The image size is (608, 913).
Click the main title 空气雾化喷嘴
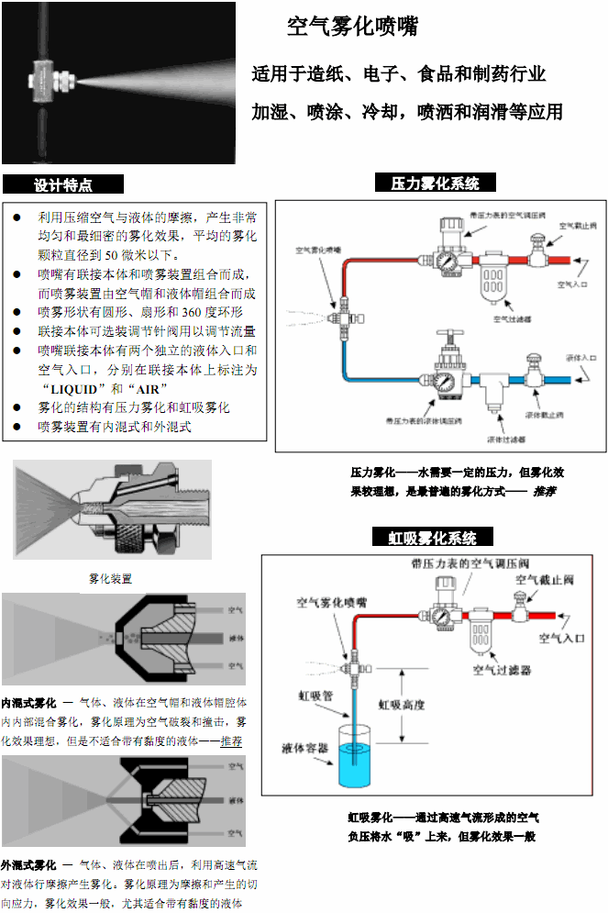[x=353, y=28]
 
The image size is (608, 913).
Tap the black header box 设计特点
[x=61, y=184]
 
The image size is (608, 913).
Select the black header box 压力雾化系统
[x=436, y=184]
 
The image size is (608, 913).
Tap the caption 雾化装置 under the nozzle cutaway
[x=110, y=579]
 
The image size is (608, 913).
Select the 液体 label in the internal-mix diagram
[x=235, y=637]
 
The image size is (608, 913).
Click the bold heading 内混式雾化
[x=28, y=702]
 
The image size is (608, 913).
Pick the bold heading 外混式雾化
[x=28, y=865]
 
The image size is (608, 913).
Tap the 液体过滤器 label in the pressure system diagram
[x=504, y=439]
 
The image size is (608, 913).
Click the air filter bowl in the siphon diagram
[x=484, y=638]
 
